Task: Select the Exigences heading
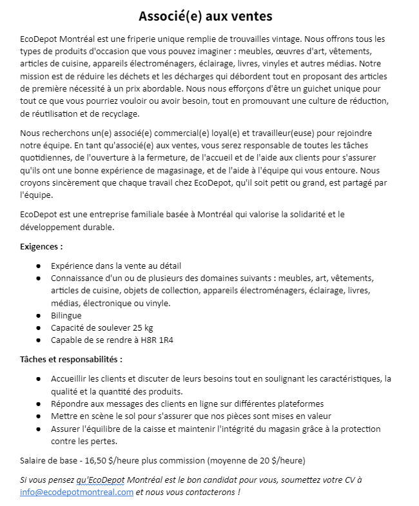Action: (x=42, y=246)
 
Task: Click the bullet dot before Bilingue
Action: (x=39, y=316)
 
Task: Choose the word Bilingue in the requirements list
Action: (x=66, y=316)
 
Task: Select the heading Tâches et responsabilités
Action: (x=71, y=358)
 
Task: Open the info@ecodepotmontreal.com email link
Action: (x=77, y=492)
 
